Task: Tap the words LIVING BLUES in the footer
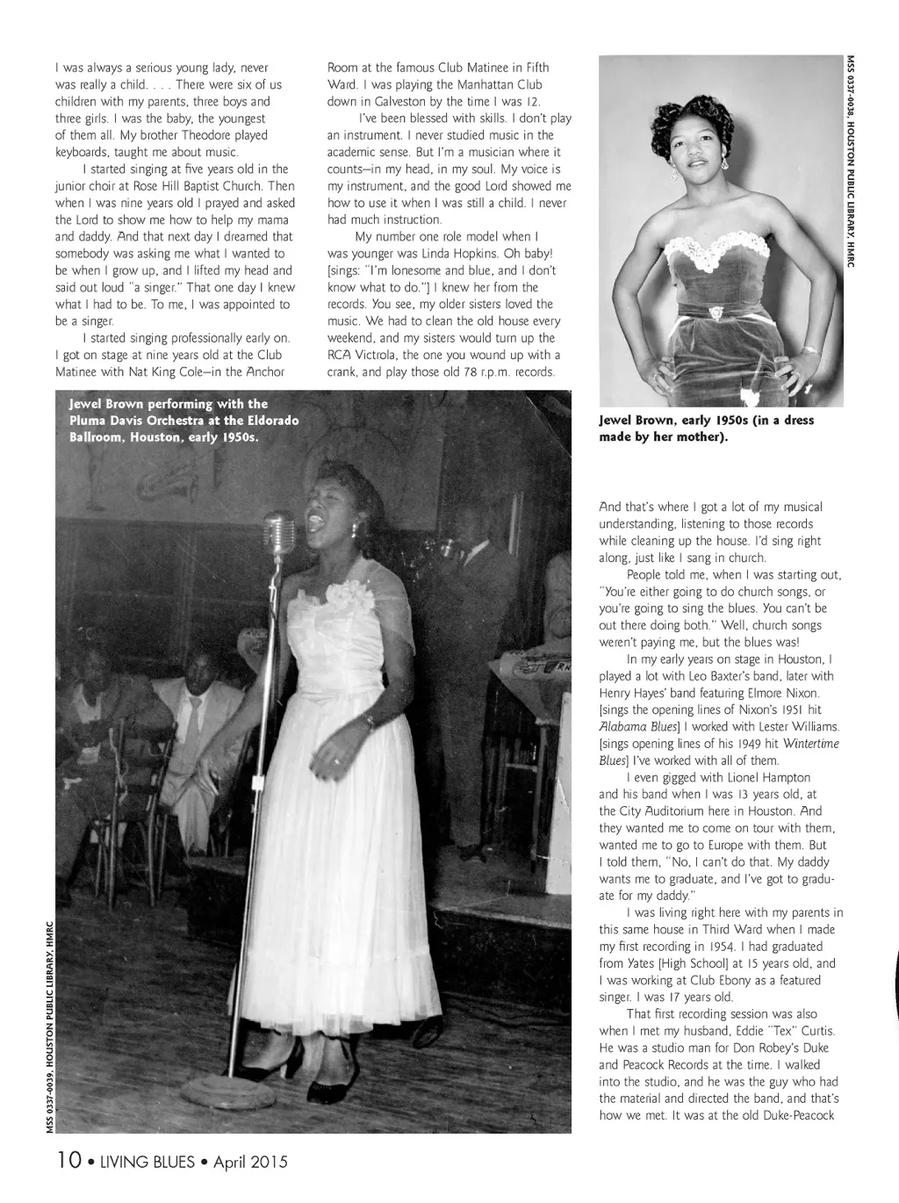(x=147, y=1162)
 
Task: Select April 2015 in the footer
(x=250, y=1162)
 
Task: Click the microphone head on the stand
(x=279, y=530)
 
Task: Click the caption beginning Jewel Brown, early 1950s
(x=706, y=428)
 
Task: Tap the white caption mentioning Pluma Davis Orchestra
(x=183, y=420)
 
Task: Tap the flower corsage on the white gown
(x=347, y=596)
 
